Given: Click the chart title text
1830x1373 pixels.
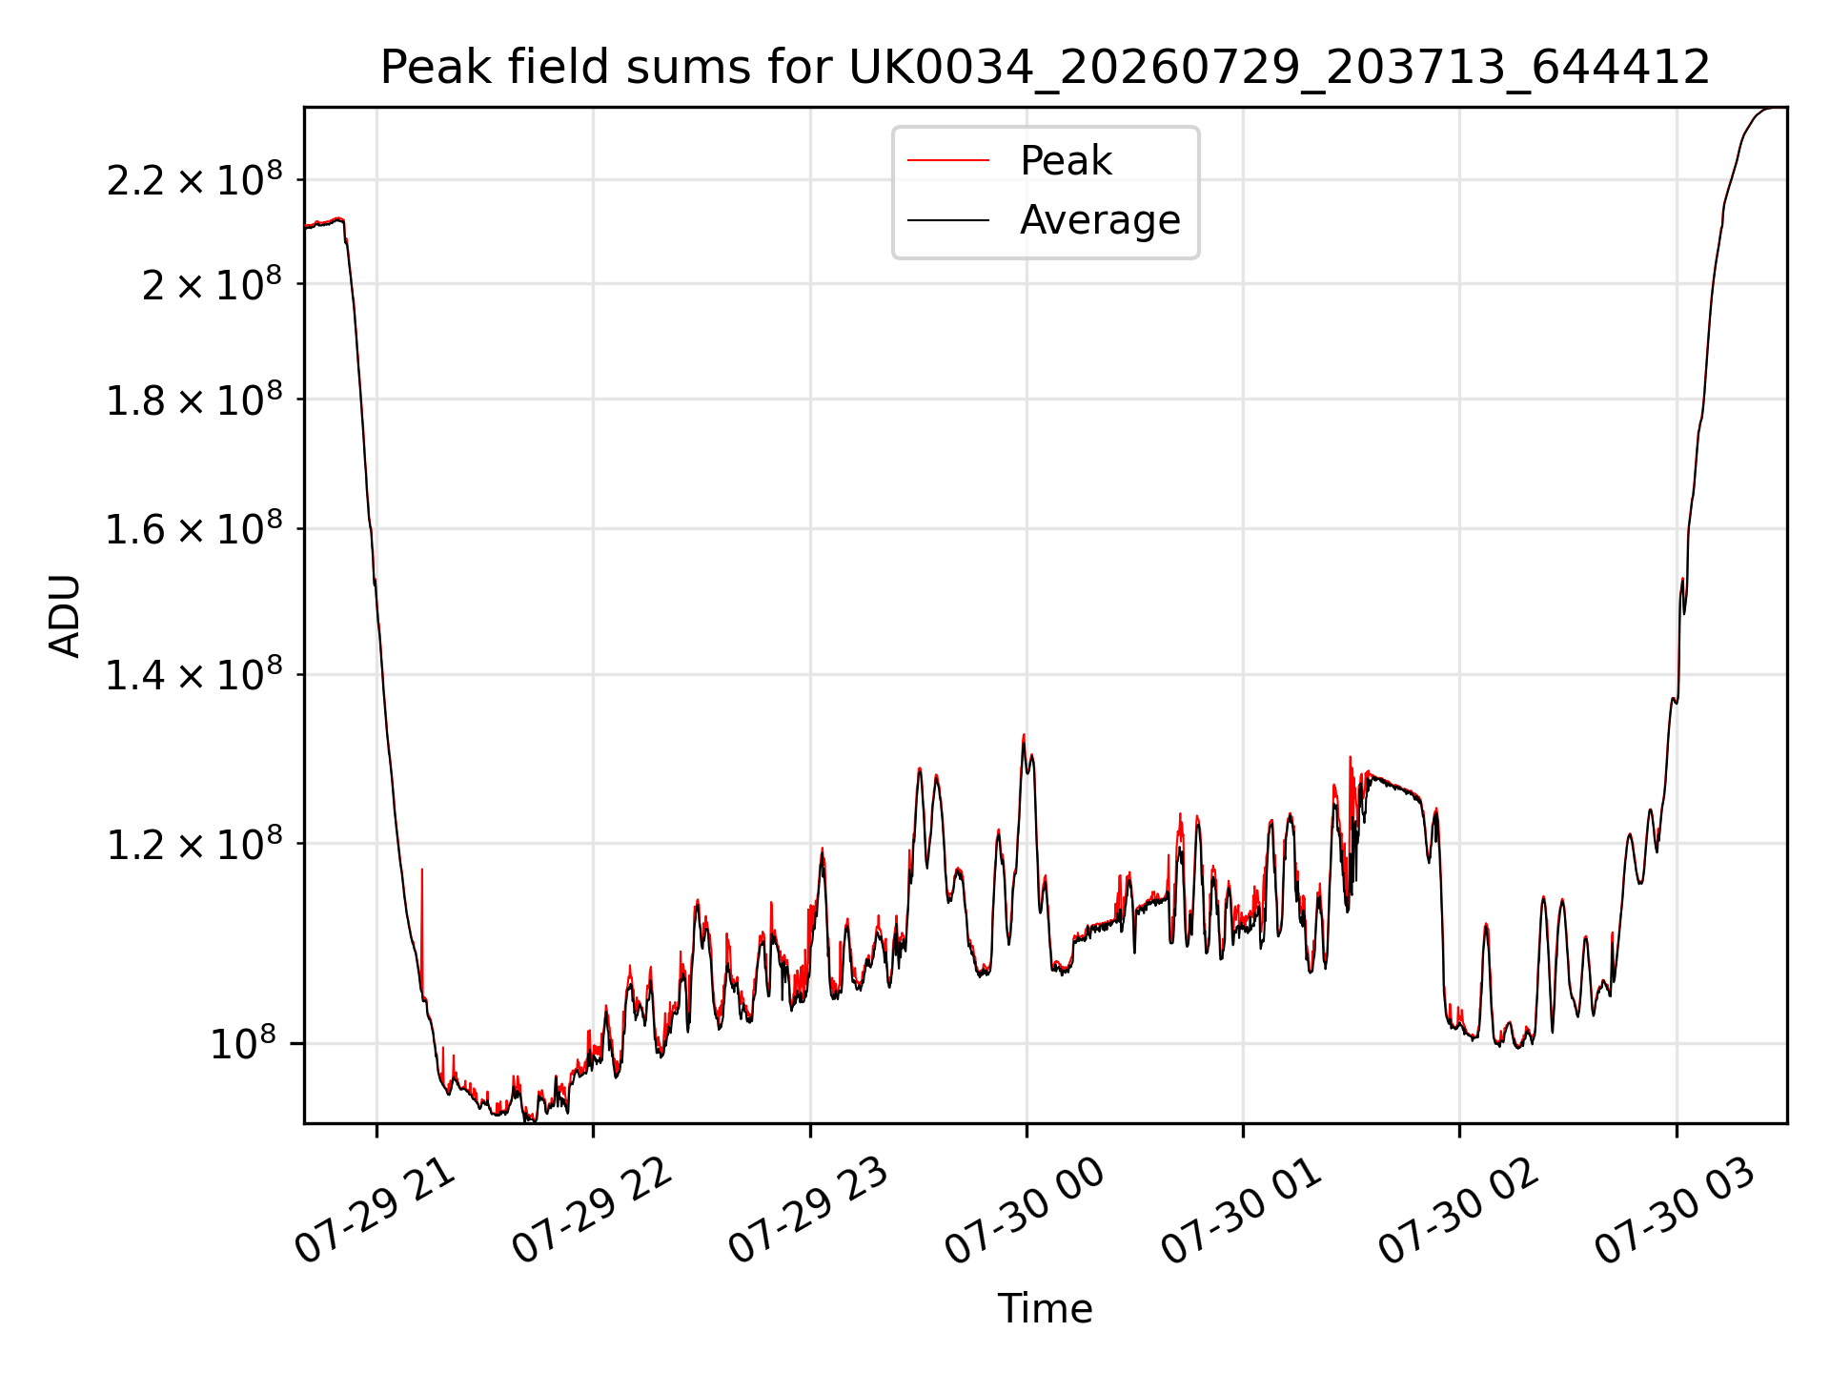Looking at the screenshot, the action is click(x=1045, y=68).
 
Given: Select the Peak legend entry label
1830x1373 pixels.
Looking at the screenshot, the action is click(x=1066, y=160).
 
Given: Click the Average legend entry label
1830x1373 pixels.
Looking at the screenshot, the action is click(x=1100, y=220).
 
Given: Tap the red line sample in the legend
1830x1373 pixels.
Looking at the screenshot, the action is click(x=948, y=161).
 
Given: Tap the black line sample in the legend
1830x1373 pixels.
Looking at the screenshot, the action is click(x=948, y=220).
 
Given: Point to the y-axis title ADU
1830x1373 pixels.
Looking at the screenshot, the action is click(x=65, y=616).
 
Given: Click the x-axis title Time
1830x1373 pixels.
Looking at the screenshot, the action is click(x=1045, y=1308).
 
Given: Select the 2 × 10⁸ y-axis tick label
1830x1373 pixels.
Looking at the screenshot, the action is click(x=212, y=283).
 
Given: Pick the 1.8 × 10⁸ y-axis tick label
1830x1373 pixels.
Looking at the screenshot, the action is click(x=194, y=399).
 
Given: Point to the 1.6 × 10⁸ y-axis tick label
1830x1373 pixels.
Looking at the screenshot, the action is click(x=194, y=528).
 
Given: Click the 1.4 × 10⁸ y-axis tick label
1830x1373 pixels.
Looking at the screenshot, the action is click(x=194, y=674).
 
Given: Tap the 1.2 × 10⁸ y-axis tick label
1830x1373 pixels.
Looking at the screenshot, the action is click(x=194, y=843).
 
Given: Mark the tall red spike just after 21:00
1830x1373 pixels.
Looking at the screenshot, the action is click(x=422, y=930).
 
